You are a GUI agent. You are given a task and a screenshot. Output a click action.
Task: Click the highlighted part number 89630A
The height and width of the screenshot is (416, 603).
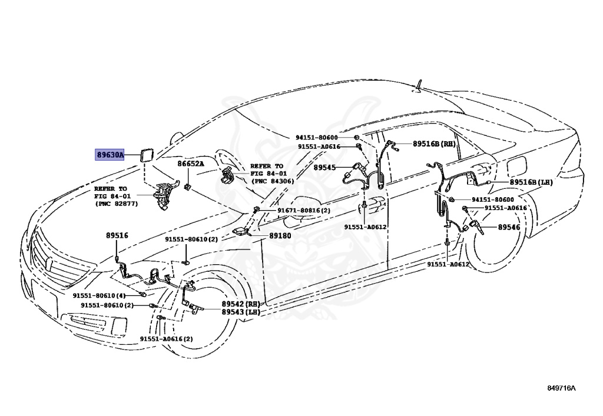point(110,155)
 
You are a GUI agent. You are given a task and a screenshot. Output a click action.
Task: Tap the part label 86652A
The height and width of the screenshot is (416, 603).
point(191,164)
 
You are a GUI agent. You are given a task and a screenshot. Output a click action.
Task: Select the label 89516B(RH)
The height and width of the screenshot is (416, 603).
point(434,144)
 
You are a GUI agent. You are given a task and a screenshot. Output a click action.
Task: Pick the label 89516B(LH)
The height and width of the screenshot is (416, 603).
point(531,182)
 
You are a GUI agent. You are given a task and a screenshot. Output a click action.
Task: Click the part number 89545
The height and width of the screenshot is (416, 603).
point(324,168)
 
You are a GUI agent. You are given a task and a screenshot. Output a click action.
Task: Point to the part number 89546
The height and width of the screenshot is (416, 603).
point(509,227)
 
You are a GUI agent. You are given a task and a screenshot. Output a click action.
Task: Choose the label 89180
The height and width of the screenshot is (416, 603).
point(280,235)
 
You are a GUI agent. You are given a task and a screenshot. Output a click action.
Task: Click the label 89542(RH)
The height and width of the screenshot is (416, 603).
point(241,304)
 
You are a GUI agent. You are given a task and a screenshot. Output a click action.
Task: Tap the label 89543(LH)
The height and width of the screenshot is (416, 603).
point(241,312)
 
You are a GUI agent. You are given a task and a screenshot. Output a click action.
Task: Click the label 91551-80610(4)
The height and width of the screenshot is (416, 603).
point(100,296)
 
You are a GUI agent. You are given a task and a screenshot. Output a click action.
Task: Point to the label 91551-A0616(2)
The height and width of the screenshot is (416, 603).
point(166,339)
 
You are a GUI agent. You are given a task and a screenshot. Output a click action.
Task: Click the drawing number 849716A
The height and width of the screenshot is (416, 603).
point(561,388)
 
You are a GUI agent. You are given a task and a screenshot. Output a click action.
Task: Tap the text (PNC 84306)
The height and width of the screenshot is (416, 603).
point(272,181)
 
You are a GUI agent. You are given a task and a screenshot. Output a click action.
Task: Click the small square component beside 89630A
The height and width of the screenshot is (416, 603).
point(144,155)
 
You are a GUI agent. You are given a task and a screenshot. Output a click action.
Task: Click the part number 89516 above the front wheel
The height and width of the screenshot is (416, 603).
point(117,235)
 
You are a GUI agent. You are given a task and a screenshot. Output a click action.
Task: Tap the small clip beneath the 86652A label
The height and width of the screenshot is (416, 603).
point(187,187)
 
